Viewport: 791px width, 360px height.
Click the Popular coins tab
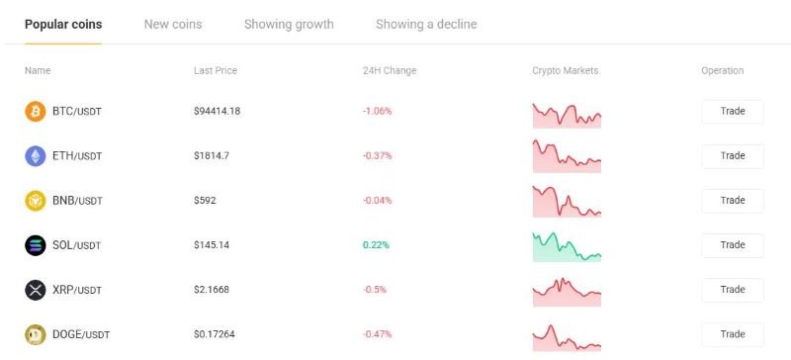coord(63,24)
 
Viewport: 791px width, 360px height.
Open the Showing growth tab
coord(289,24)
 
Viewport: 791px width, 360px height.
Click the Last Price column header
coord(216,71)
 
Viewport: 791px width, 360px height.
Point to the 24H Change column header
coord(390,71)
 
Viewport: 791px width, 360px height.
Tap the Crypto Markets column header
coord(566,71)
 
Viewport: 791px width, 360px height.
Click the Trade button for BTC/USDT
coord(732,111)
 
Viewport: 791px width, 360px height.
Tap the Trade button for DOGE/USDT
coord(732,334)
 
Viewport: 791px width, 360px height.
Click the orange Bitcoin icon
coord(36,112)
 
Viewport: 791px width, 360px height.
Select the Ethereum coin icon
coord(36,156)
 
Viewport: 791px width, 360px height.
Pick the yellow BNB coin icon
coord(36,201)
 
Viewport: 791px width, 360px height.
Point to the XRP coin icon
coord(36,290)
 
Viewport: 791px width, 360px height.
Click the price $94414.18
coord(218,112)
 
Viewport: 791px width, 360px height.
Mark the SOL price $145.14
coord(212,245)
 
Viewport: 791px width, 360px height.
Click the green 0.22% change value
coord(377,245)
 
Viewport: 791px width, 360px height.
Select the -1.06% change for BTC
coord(378,112)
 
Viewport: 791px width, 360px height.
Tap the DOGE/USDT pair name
coord(81,334)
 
